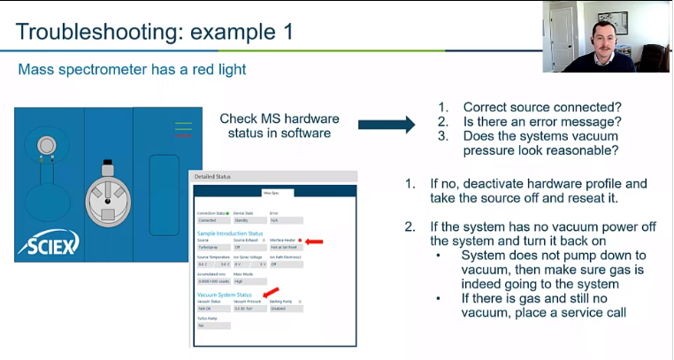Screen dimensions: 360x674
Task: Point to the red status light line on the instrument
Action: tap(183, 136)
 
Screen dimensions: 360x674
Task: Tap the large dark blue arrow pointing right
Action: tap(387, 125)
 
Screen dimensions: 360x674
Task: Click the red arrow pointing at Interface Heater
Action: tap(313, 240)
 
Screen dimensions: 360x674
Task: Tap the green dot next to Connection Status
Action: tap(227, 213)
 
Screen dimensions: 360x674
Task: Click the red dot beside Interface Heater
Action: tap(301, 240)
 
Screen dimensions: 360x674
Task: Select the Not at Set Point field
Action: tap(285, 247)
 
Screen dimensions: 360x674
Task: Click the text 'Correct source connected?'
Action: tap(534, 106)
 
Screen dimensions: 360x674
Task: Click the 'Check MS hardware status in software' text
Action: tap(275, 125)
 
